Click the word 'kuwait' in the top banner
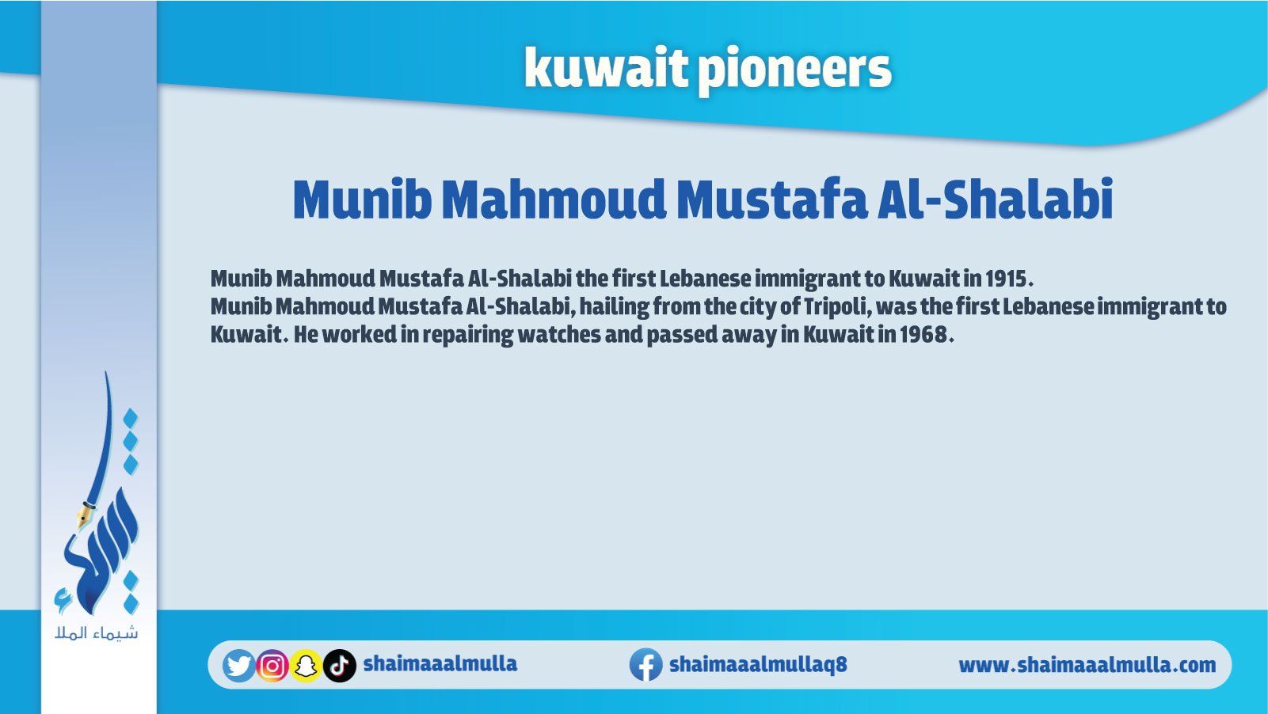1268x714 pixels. [605, 68]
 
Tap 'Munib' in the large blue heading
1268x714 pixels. [362, 199]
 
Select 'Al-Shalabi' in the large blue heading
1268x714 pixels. [996, 199]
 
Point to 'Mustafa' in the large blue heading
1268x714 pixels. [772, 199]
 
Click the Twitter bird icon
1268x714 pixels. [238, 666]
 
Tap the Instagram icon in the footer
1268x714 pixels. [272, 666]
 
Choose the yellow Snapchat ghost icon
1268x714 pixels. [306, 666]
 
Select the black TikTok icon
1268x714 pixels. [340, 666]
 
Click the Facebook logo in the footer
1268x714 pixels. [646, 665]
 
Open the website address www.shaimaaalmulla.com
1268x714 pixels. [1087, 666]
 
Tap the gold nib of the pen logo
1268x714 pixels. [84, 515]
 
